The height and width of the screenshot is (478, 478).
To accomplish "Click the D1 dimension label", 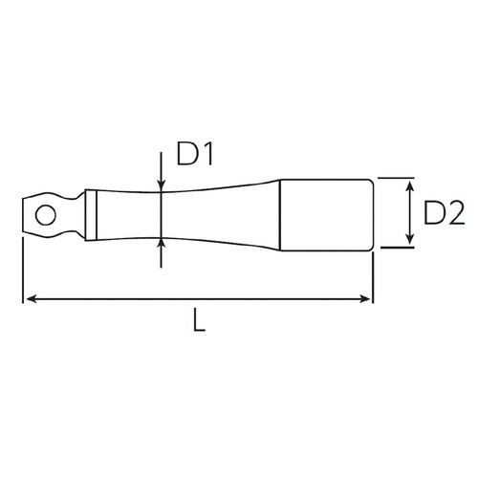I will click(x=194, y=152).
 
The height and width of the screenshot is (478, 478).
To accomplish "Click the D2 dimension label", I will click(x=442, y=213).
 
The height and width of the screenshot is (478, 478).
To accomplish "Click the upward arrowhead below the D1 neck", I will click(x=161, y=243).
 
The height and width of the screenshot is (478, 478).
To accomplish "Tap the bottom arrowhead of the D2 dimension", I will click(x=408, y=242).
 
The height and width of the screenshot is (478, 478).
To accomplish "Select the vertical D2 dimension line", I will click(x=408, y=212).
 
